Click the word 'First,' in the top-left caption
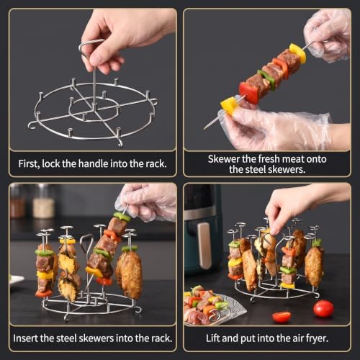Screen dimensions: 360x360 tap(29, 163)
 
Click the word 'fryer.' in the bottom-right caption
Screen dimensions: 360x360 tap(317, 338)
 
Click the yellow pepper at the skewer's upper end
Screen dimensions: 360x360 tap(297, 53)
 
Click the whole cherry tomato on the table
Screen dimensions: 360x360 tap(323, 308)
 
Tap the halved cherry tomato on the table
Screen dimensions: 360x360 tap(282, 317)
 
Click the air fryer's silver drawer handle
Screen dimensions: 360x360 tap(204, 246)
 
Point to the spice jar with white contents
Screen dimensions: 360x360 tap(43, 202)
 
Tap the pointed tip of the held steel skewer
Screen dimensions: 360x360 tap(204, 129)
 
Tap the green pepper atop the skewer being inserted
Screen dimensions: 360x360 tap(122, 217)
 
